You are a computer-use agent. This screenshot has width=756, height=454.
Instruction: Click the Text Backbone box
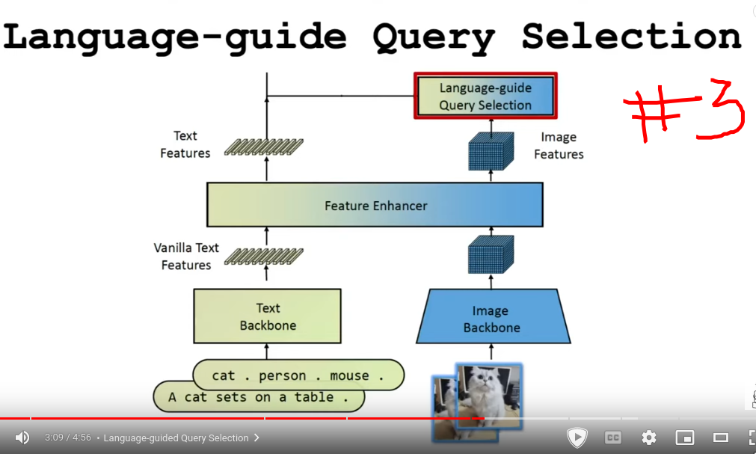(267, 316)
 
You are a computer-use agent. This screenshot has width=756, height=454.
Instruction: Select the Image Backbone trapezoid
(491, 318)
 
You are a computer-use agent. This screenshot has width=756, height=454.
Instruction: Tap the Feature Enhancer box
(375, 205)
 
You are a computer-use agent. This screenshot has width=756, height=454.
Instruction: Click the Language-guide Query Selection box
(485, 96)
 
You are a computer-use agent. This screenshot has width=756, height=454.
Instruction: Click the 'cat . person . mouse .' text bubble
(298, 375)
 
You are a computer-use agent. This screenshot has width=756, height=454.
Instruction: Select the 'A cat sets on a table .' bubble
(259, 397)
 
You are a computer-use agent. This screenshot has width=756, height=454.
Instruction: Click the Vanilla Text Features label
(186, 256)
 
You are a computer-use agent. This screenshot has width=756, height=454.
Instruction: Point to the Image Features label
(559, 146)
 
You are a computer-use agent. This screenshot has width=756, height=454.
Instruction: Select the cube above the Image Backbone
(491, 254)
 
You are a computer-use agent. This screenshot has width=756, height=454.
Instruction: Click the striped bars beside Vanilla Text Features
(267, 256)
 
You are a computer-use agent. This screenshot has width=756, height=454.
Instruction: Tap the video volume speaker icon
(22, 438)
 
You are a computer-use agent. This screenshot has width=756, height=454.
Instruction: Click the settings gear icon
(649, 438)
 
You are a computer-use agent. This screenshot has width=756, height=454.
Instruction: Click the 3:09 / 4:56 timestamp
(68, 438)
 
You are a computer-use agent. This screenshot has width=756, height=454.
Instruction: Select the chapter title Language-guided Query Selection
(176, 438)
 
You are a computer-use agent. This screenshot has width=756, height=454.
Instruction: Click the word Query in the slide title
(433, 37)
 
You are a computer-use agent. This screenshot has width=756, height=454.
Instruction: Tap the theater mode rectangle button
(721, 438)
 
